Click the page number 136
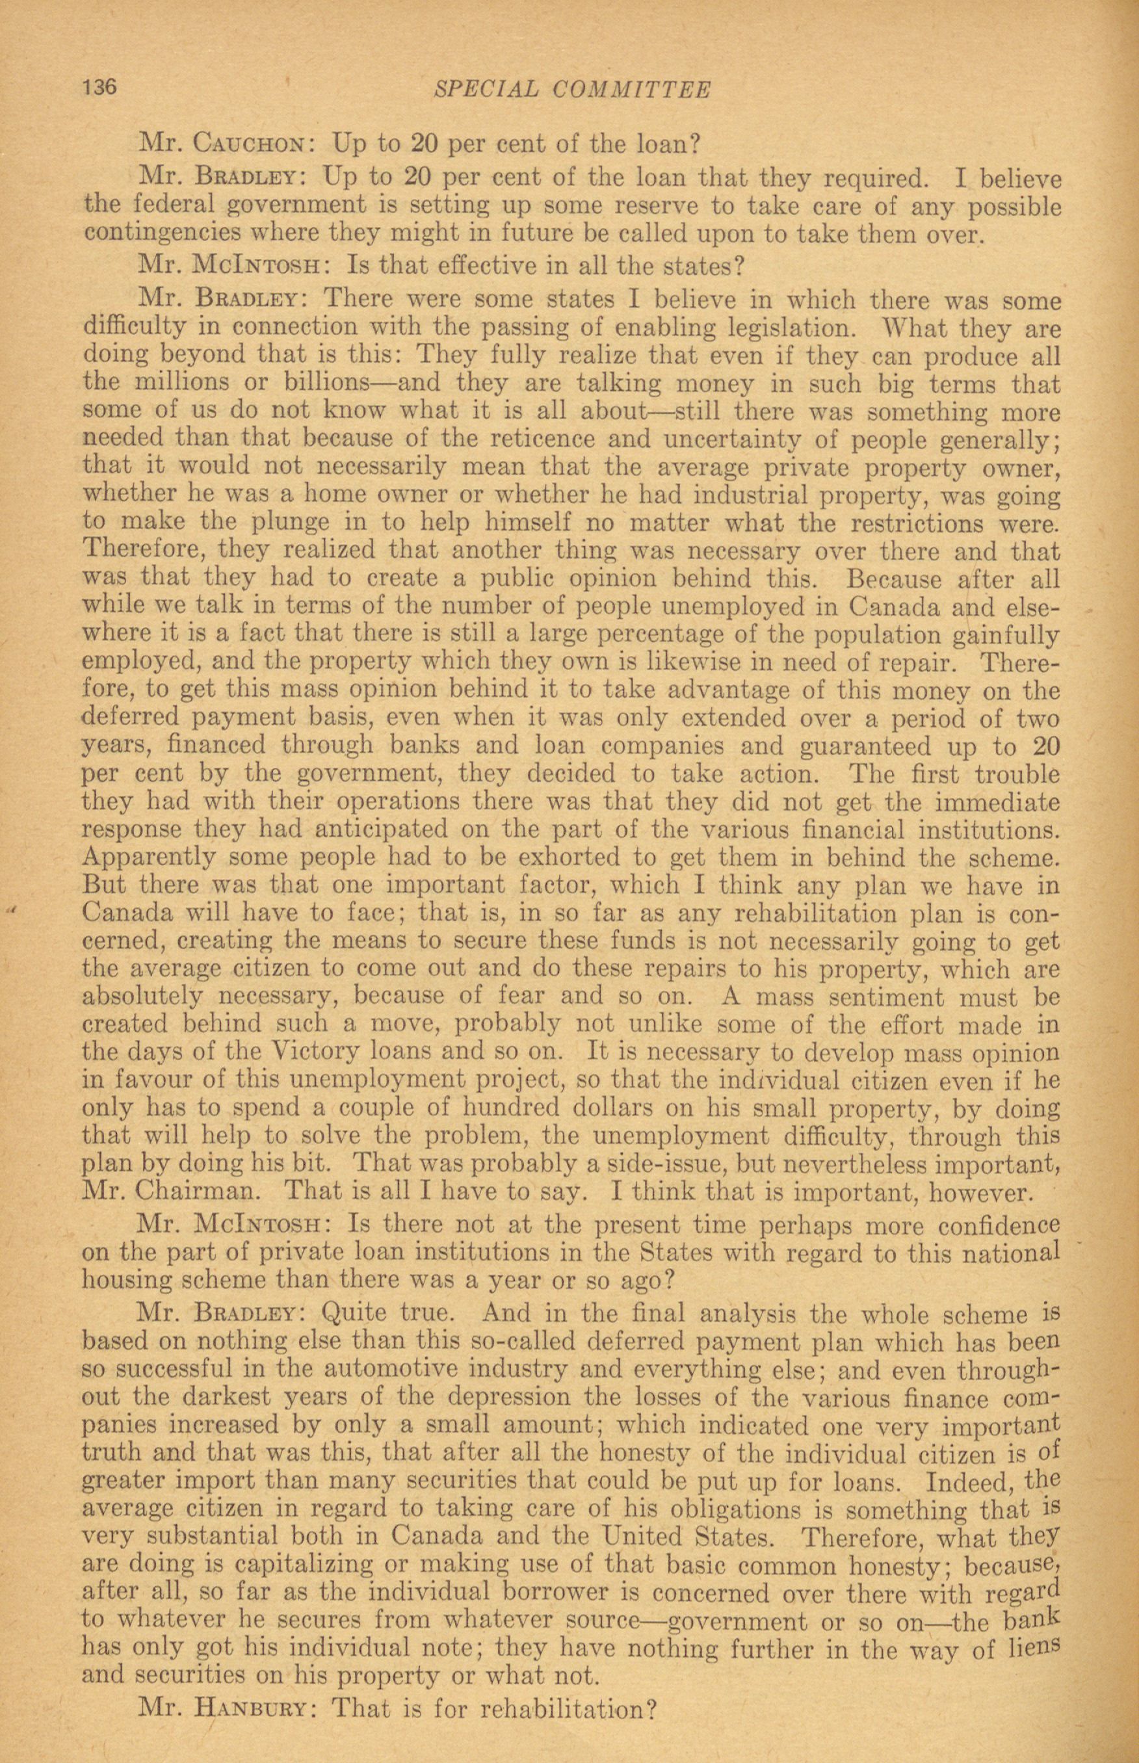tap(100, 87)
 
